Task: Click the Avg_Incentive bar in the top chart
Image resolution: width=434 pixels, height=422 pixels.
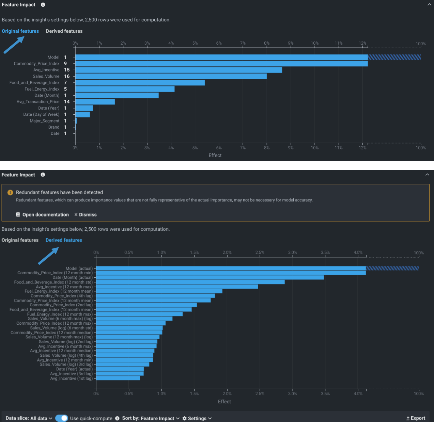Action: coord(179,70)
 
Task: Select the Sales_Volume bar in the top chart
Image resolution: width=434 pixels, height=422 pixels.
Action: coord(171,77)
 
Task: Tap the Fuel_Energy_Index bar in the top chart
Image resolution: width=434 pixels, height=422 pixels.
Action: coord(125,89)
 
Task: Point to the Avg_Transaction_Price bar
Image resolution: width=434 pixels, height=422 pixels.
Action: coord(95,102)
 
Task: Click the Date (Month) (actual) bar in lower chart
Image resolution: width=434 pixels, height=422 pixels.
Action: coord(210,278)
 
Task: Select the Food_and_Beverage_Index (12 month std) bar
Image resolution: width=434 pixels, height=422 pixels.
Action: coord(190,282)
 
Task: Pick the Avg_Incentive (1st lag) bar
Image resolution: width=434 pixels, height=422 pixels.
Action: coord(118,378)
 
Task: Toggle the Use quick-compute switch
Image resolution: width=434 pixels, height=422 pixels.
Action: coord(62,418)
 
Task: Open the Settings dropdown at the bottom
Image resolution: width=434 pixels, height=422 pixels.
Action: coord(197,418)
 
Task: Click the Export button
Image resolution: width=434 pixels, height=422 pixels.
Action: coord(416,418)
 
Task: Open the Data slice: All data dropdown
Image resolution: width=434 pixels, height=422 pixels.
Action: coord(29,418)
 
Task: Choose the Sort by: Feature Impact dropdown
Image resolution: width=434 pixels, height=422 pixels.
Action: coord(151,418)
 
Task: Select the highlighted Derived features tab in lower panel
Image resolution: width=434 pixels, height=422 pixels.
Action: coord(64,240)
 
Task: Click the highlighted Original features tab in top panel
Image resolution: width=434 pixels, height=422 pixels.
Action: coord(20,31)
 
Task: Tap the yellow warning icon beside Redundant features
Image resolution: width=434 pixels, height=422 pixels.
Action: coord(10,193)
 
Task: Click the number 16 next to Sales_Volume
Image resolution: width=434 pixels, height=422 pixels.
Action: coord(67,77)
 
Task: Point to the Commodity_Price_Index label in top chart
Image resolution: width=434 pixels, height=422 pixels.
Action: coord(36,64)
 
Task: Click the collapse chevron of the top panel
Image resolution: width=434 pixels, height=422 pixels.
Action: coord(429,5)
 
